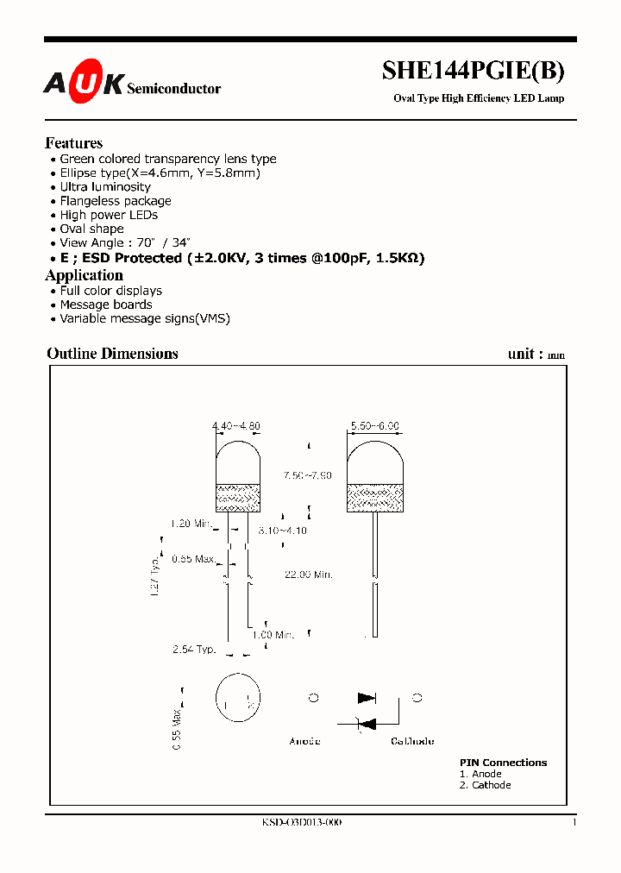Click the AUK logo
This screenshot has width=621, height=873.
[84, 83]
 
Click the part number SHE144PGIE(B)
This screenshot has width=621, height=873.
[474, 73]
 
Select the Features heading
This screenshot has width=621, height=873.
[73, 143]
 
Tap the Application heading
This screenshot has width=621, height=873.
[84, 275]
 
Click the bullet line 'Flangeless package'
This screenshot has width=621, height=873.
[116, 201]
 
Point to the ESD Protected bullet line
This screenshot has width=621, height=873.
[242, 258]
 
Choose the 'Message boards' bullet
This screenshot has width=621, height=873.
[106, 305]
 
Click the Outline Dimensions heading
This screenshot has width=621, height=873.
[112, 354]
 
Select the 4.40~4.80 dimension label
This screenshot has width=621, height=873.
[236, 426]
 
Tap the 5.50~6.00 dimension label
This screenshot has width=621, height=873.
[374, 426]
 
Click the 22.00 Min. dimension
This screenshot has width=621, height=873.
[308, 575]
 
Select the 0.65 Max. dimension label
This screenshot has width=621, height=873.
[192, 559]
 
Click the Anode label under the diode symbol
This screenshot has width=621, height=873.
[304, 741]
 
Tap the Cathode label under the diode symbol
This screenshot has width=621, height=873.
[412, 741]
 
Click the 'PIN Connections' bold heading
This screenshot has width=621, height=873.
[503, 763]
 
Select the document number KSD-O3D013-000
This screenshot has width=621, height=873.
[302, 823]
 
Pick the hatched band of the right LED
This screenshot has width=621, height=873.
[374, 497]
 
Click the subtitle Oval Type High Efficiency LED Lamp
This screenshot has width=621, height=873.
[479, 98]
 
